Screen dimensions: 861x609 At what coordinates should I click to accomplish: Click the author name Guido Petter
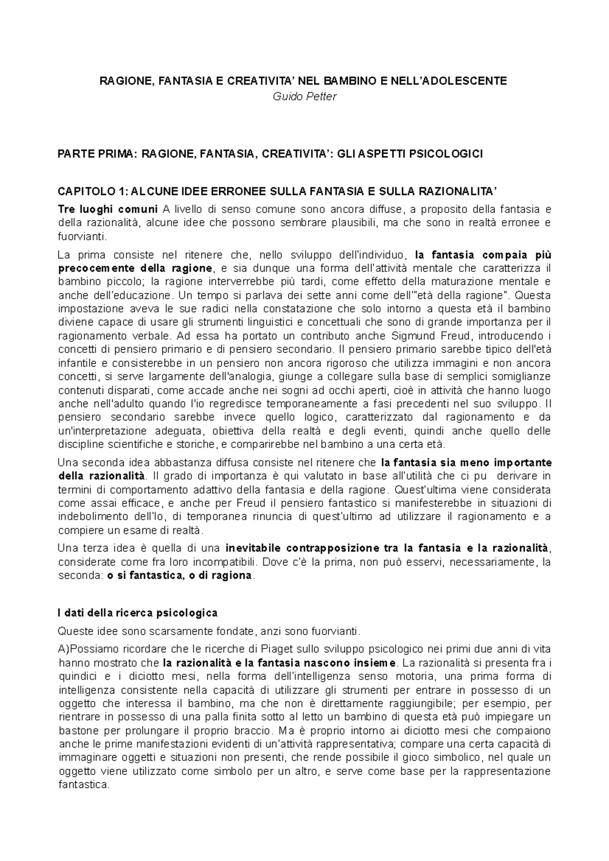point(304,96)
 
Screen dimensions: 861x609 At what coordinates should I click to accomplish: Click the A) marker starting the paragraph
point(64,649)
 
